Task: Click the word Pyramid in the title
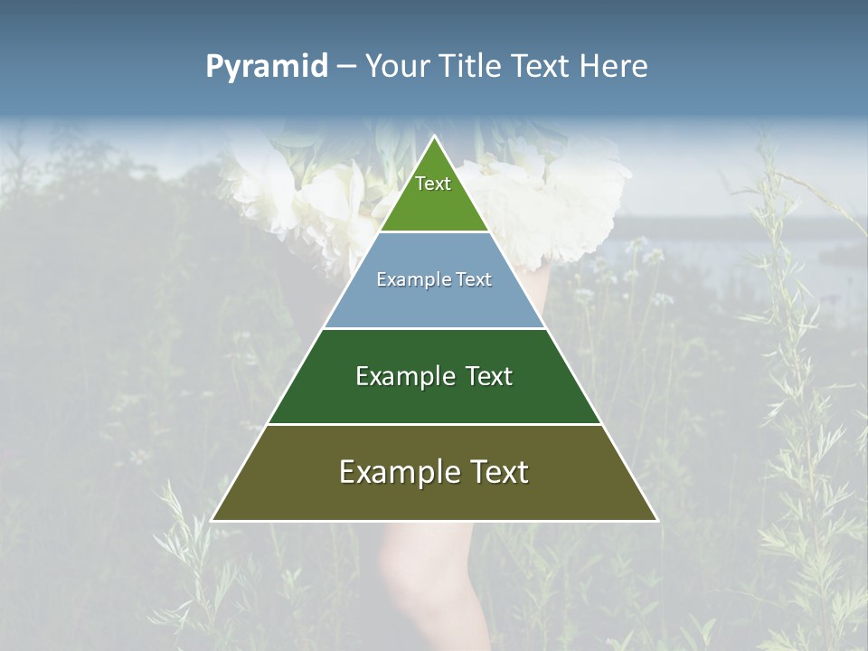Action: pos(266,67)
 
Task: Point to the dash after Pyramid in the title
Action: pos(346,67)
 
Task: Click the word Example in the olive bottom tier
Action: pos(397,472)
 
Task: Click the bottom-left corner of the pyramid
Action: pos(213,520)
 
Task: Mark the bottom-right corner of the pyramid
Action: pos(656,520)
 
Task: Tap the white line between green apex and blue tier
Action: pos(434,232)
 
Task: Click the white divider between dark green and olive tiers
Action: pos(434,424)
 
